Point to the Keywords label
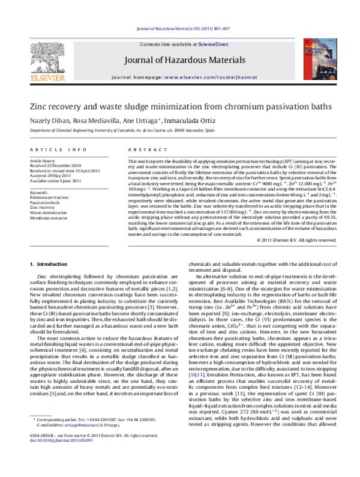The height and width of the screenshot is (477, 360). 39,193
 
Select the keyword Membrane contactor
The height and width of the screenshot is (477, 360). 49,218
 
